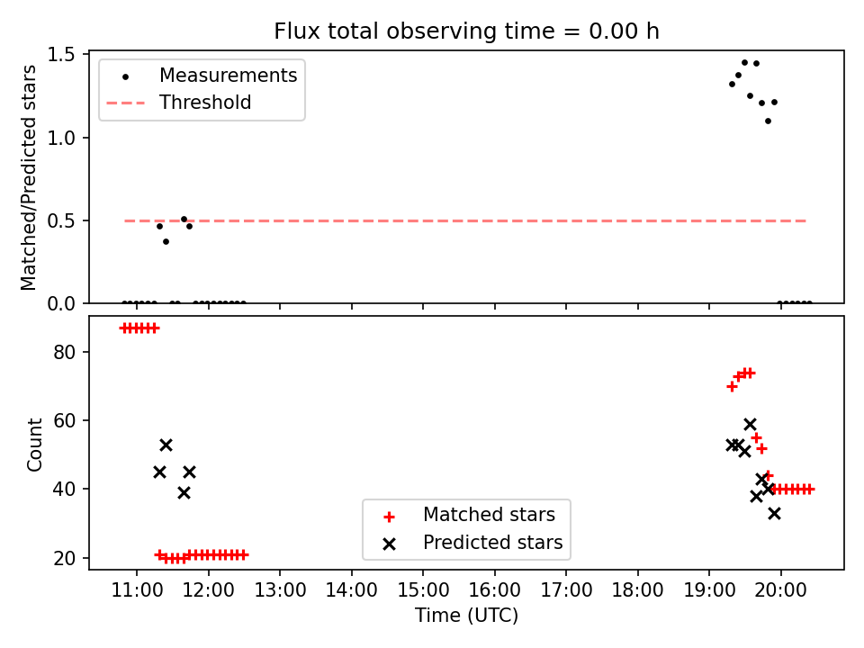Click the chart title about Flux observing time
466,31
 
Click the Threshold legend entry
179,103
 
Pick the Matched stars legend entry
469,515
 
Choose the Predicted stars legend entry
472,543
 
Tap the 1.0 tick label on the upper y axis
61,138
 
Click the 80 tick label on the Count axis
65,352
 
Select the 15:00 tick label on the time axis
423,590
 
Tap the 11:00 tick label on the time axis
137,590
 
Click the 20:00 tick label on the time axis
781,590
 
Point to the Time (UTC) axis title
467,615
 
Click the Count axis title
35,445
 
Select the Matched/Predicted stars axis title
29,177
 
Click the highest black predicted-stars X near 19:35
750,424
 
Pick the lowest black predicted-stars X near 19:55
774,514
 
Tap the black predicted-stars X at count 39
184,492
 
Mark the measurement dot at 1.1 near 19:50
768,121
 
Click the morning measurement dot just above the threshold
184,220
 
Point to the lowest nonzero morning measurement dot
166,241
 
